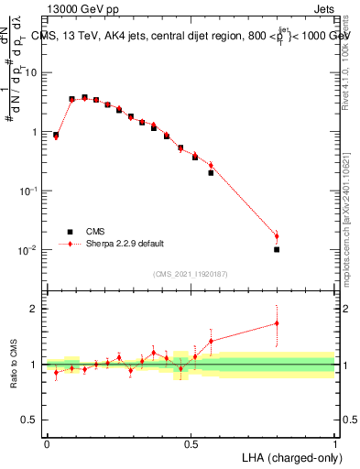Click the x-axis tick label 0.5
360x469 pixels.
[x=191, y=443]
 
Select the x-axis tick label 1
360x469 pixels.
[x=335, y=443]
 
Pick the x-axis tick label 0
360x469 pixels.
[x=47, y=443]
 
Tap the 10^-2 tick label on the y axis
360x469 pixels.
[x=27, y=250]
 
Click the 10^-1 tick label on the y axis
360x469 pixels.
[x=27, y=191]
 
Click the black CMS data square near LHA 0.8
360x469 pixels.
[x=277, y=249]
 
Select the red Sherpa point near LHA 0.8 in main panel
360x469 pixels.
[x=277, y=236]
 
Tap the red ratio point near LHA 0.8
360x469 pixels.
[x=277, y=322]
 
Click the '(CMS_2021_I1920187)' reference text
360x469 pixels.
[x=190, y=272]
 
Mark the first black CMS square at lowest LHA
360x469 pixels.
[x=56, y=135]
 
